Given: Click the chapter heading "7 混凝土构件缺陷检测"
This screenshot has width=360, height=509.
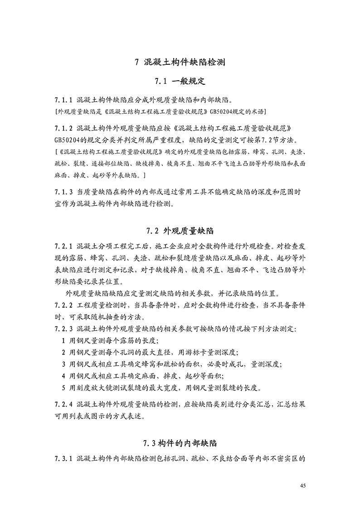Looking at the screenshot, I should tap(180, 63).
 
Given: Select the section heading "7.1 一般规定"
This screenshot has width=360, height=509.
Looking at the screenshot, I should tap(180, 82).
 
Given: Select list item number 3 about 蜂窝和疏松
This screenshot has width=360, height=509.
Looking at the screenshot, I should tap(63, 364).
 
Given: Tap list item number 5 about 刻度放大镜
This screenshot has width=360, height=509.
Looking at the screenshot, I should tap(63, 388).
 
